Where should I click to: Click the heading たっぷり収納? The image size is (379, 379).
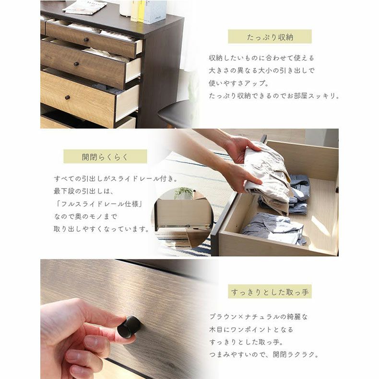[270, 37]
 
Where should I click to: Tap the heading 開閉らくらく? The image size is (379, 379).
[105, 156]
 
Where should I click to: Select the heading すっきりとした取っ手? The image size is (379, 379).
[270, 292]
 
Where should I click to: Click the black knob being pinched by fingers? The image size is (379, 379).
[130, 327]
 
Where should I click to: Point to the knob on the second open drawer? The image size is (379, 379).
[76, 64]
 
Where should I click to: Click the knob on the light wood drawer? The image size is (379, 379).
[67, 97]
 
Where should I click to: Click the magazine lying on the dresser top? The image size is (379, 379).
[85, 7]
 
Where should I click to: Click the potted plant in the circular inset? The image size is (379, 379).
[183, 193]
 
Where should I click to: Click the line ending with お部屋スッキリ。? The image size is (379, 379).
[274, 95]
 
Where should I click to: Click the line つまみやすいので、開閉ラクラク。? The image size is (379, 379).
[264, 355]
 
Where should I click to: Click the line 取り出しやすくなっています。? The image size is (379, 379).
[101, 229]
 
